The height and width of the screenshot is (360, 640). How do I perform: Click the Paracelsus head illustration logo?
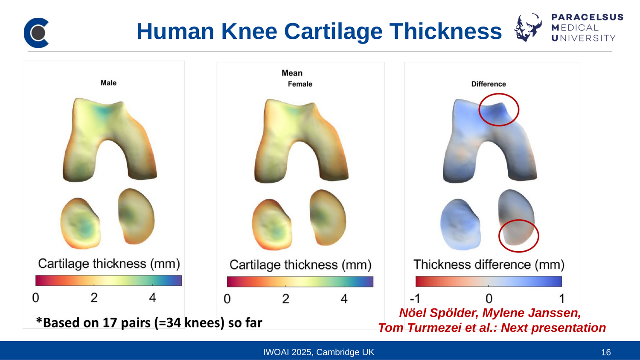point(528,27)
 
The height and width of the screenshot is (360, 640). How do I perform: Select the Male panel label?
point(108,83)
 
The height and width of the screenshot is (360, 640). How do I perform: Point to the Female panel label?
point(300,84)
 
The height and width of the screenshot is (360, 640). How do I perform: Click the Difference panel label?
point(489,84)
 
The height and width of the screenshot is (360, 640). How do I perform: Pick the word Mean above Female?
point(292,73)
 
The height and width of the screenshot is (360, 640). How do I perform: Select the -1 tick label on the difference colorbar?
point(415,299)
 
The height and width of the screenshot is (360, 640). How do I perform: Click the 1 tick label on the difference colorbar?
point(562,299)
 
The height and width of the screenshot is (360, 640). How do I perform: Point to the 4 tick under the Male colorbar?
point(153,297)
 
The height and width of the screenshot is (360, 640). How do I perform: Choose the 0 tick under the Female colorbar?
point(227,299)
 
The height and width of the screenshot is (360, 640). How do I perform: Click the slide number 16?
point(606,352)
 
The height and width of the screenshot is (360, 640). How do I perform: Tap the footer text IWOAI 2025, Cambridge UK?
point(319,352)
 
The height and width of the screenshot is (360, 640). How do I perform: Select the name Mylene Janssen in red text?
point(532,313)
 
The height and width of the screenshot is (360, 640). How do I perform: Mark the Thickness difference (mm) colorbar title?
point(489,264)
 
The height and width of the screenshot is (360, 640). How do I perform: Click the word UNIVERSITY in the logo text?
point(583,38)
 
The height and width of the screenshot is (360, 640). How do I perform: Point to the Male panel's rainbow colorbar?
point(108,281)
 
